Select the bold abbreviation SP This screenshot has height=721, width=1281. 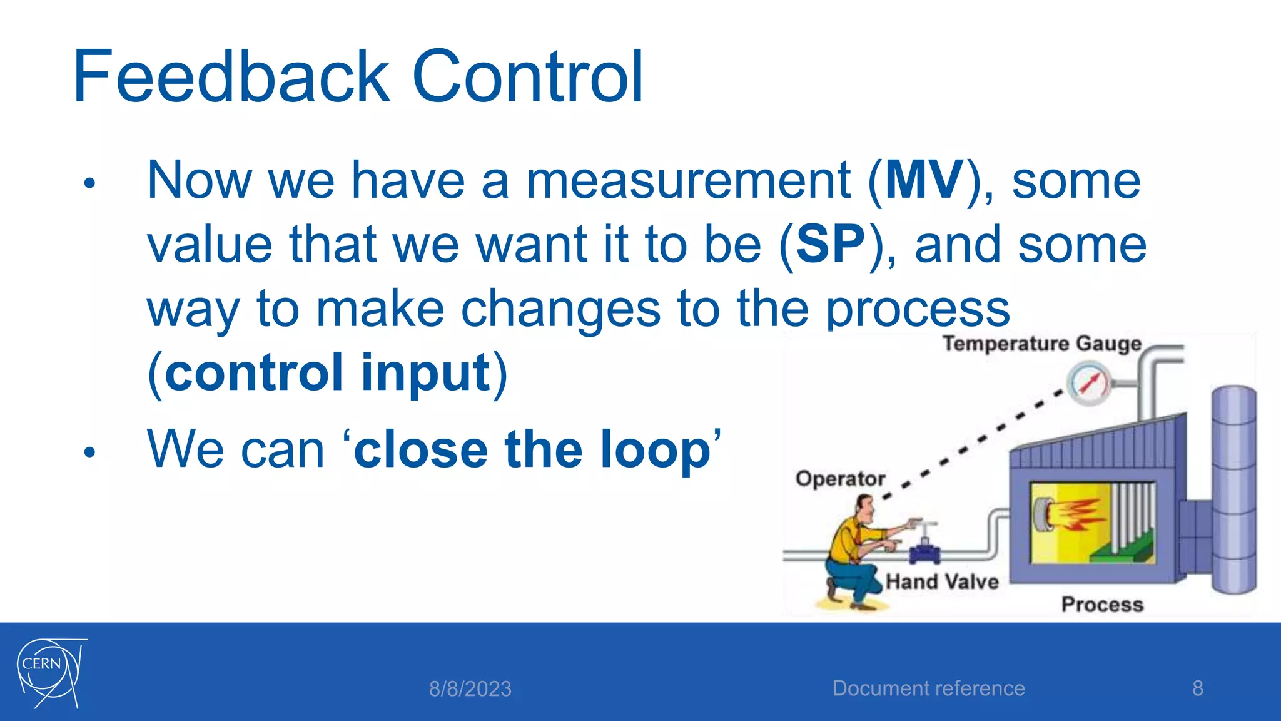click(x=830, y=245)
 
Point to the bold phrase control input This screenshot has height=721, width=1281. click(x=327, y=373)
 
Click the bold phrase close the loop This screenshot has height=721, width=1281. click(x=532, y=449)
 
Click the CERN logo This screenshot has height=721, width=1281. click(x=51, y=673)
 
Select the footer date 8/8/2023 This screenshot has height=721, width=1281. click(x=470, y=689)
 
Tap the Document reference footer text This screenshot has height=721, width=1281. click(x=928, y=688)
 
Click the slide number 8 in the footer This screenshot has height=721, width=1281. click(x=1197, y=688)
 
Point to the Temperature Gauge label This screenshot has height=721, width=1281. click(x=1042, y=344)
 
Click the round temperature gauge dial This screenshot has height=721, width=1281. click(x=1089, y=383)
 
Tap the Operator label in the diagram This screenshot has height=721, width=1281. click(x=840, y=479)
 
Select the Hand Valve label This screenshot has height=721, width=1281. click(x=942, y=581)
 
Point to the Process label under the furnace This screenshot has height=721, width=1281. click(x=1102, y=605)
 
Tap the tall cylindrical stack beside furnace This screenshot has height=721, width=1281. click(x=1233, y=488)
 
